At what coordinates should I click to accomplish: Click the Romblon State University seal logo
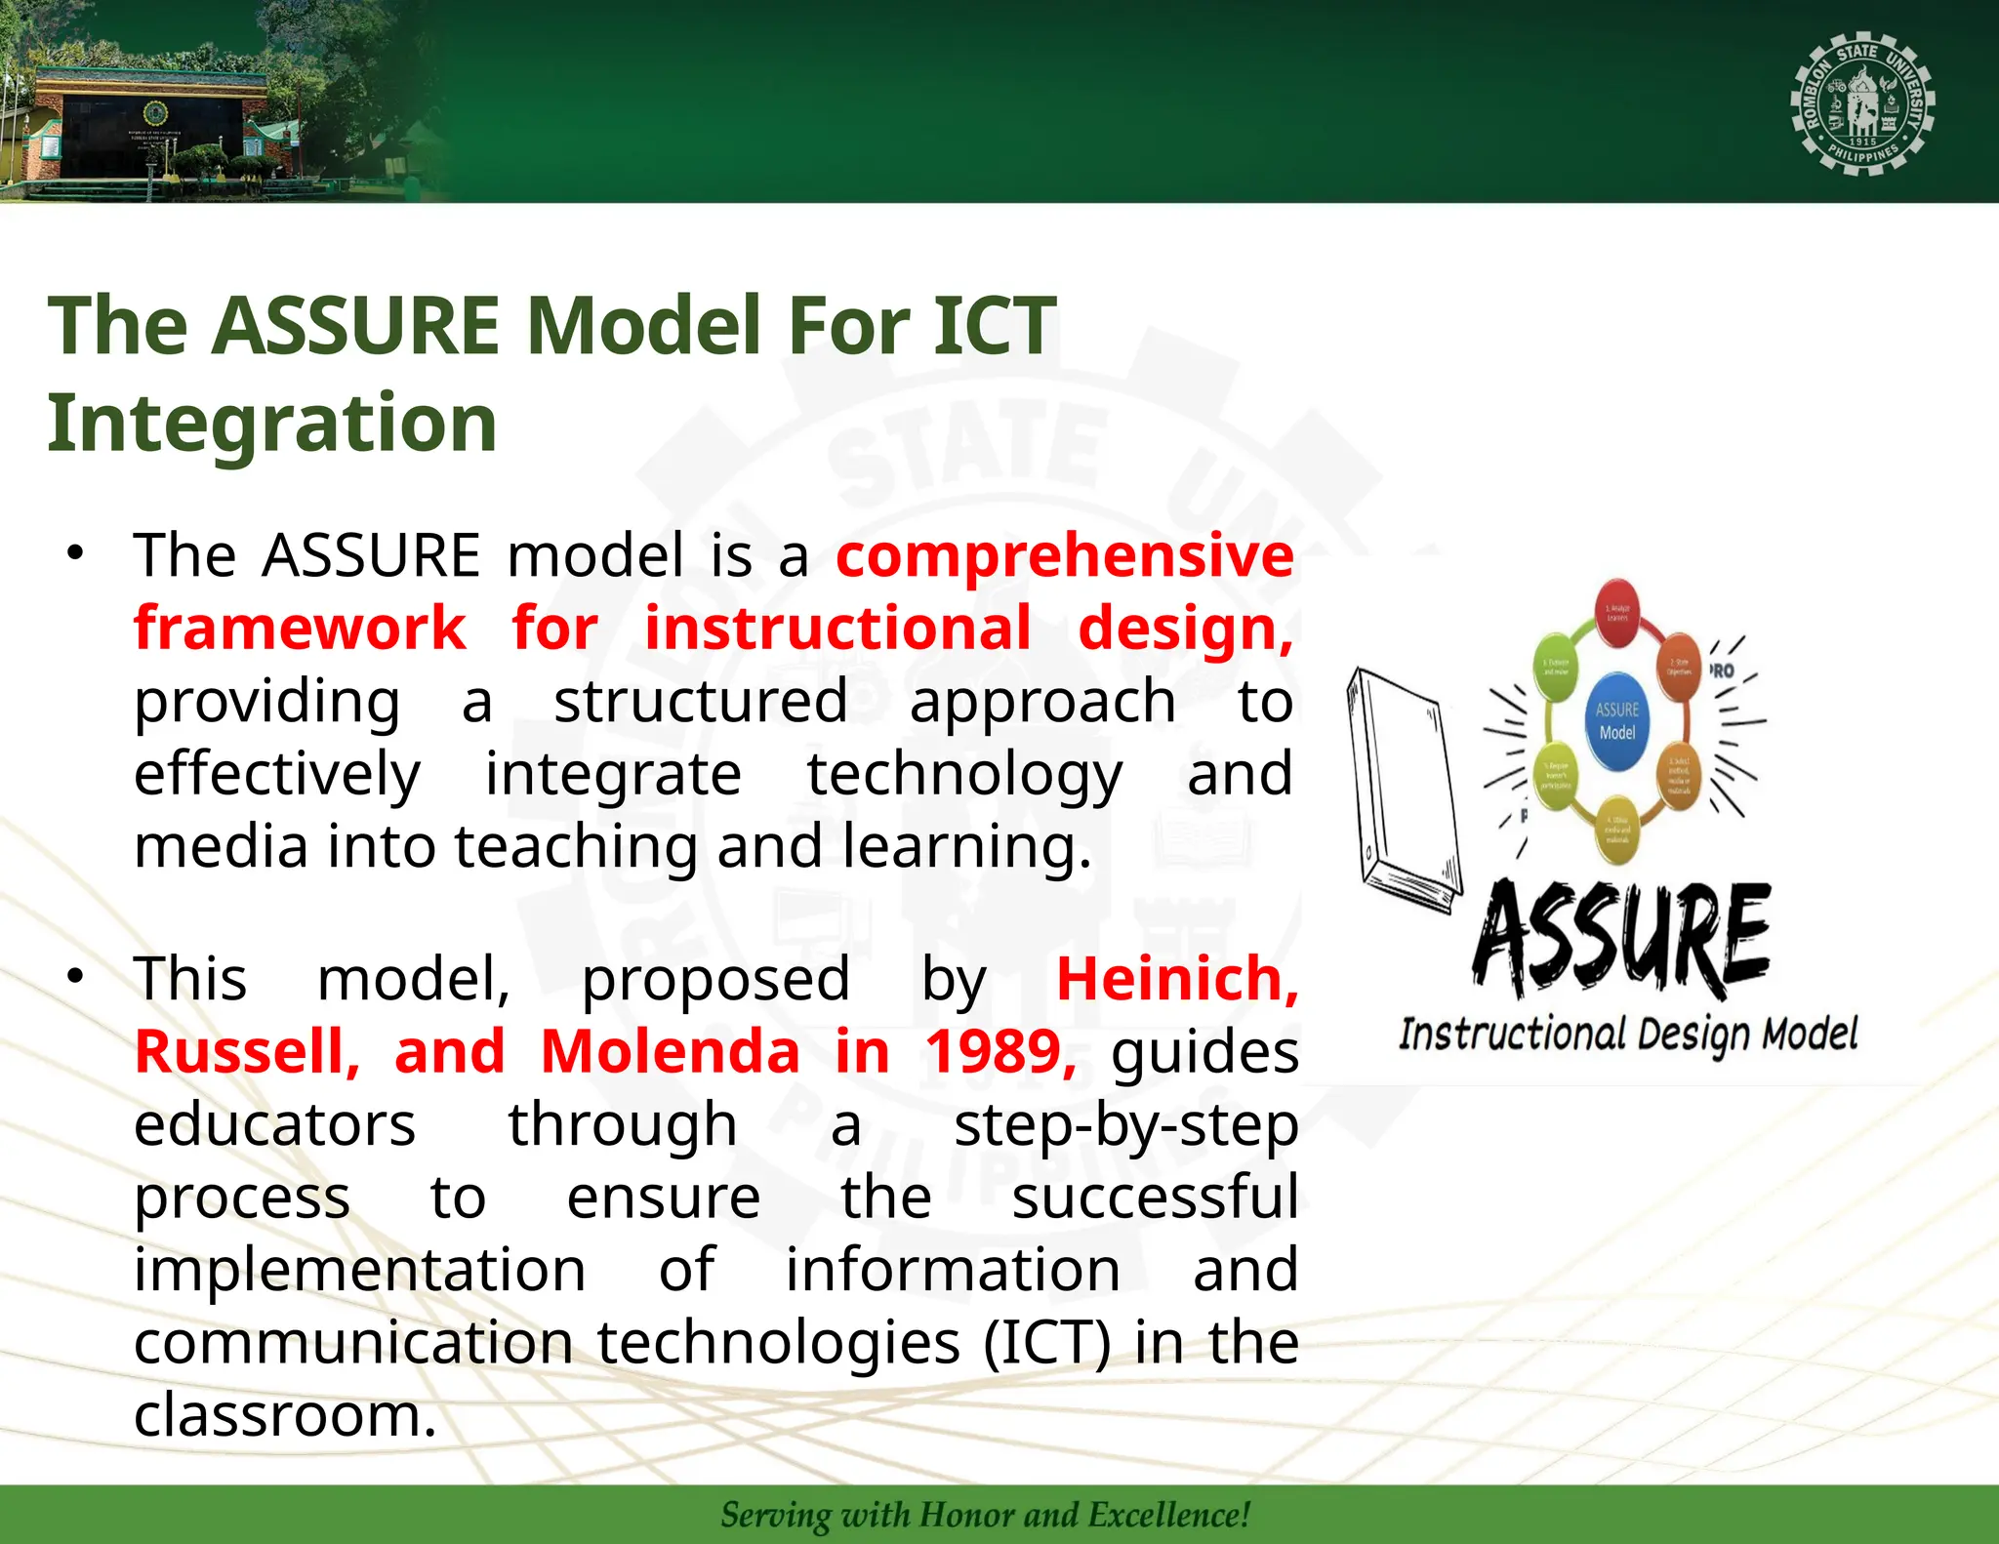pos(1862,104)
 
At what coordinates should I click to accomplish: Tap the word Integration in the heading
pos(272,423)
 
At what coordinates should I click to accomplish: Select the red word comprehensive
pos(1064,555)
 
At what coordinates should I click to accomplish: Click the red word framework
pos(300,628)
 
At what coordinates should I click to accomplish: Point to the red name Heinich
pos(1176,979)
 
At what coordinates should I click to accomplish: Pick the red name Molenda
pos(670,1052)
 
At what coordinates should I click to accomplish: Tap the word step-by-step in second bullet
pos(1125,1124)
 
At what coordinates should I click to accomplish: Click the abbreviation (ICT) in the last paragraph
pos(1046,1342)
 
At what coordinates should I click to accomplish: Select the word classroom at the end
pos(283,1415)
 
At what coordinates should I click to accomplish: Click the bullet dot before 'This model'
pos(76,976)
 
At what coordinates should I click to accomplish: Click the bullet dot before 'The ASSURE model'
pos(76,552)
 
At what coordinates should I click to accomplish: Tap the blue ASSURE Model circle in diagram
pos(1617,721)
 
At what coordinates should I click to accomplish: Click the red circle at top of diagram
pos(1617,612)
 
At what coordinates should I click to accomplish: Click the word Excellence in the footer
pos(1167,1515)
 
